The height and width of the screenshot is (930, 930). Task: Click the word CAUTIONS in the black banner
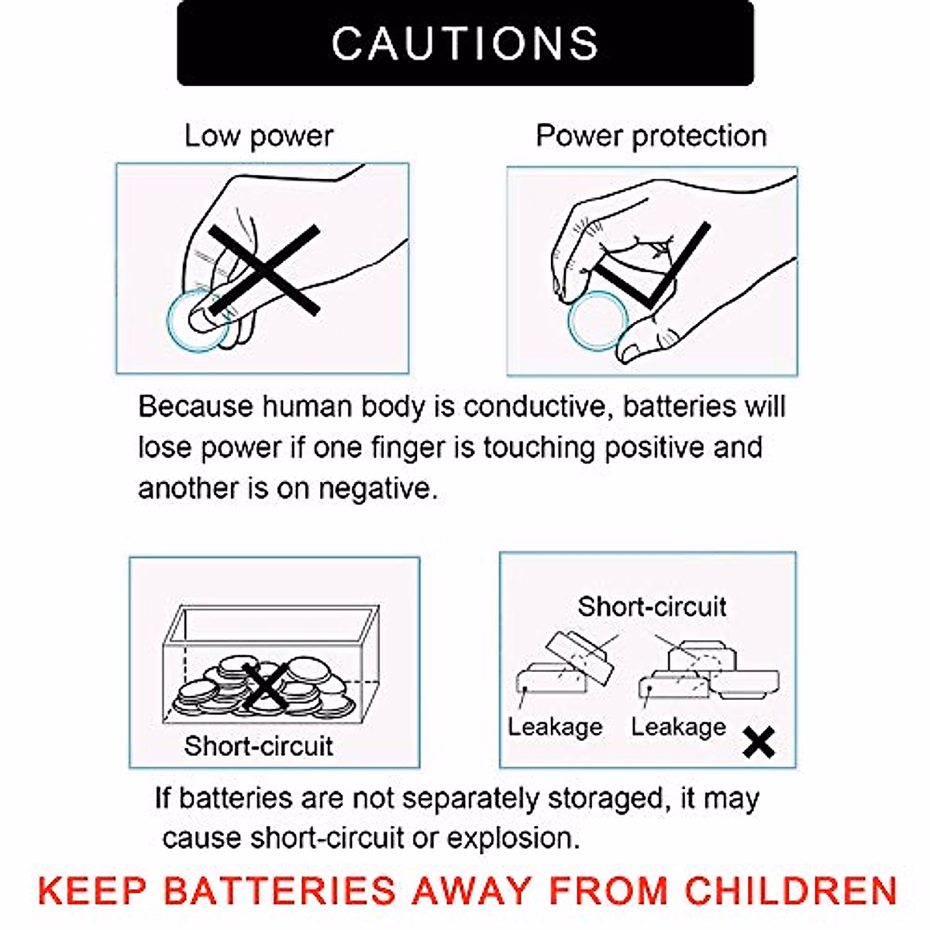[465, 43]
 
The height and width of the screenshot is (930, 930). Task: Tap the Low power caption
[259, 136]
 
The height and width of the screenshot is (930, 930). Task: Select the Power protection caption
[651, 136]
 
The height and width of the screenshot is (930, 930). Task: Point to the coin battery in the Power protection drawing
[598, 321]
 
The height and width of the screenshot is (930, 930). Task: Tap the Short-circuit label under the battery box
[258, 746]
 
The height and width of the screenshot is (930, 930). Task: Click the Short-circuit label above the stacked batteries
[652, 606]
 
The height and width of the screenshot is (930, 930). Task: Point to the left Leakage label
[555, 726]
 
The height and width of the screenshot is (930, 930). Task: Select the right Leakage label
[678, 726]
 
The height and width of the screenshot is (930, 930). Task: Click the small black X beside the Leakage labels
[758, 742]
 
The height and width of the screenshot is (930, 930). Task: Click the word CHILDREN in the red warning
[790, 890]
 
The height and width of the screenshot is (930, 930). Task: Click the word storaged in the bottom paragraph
[605, 798]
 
